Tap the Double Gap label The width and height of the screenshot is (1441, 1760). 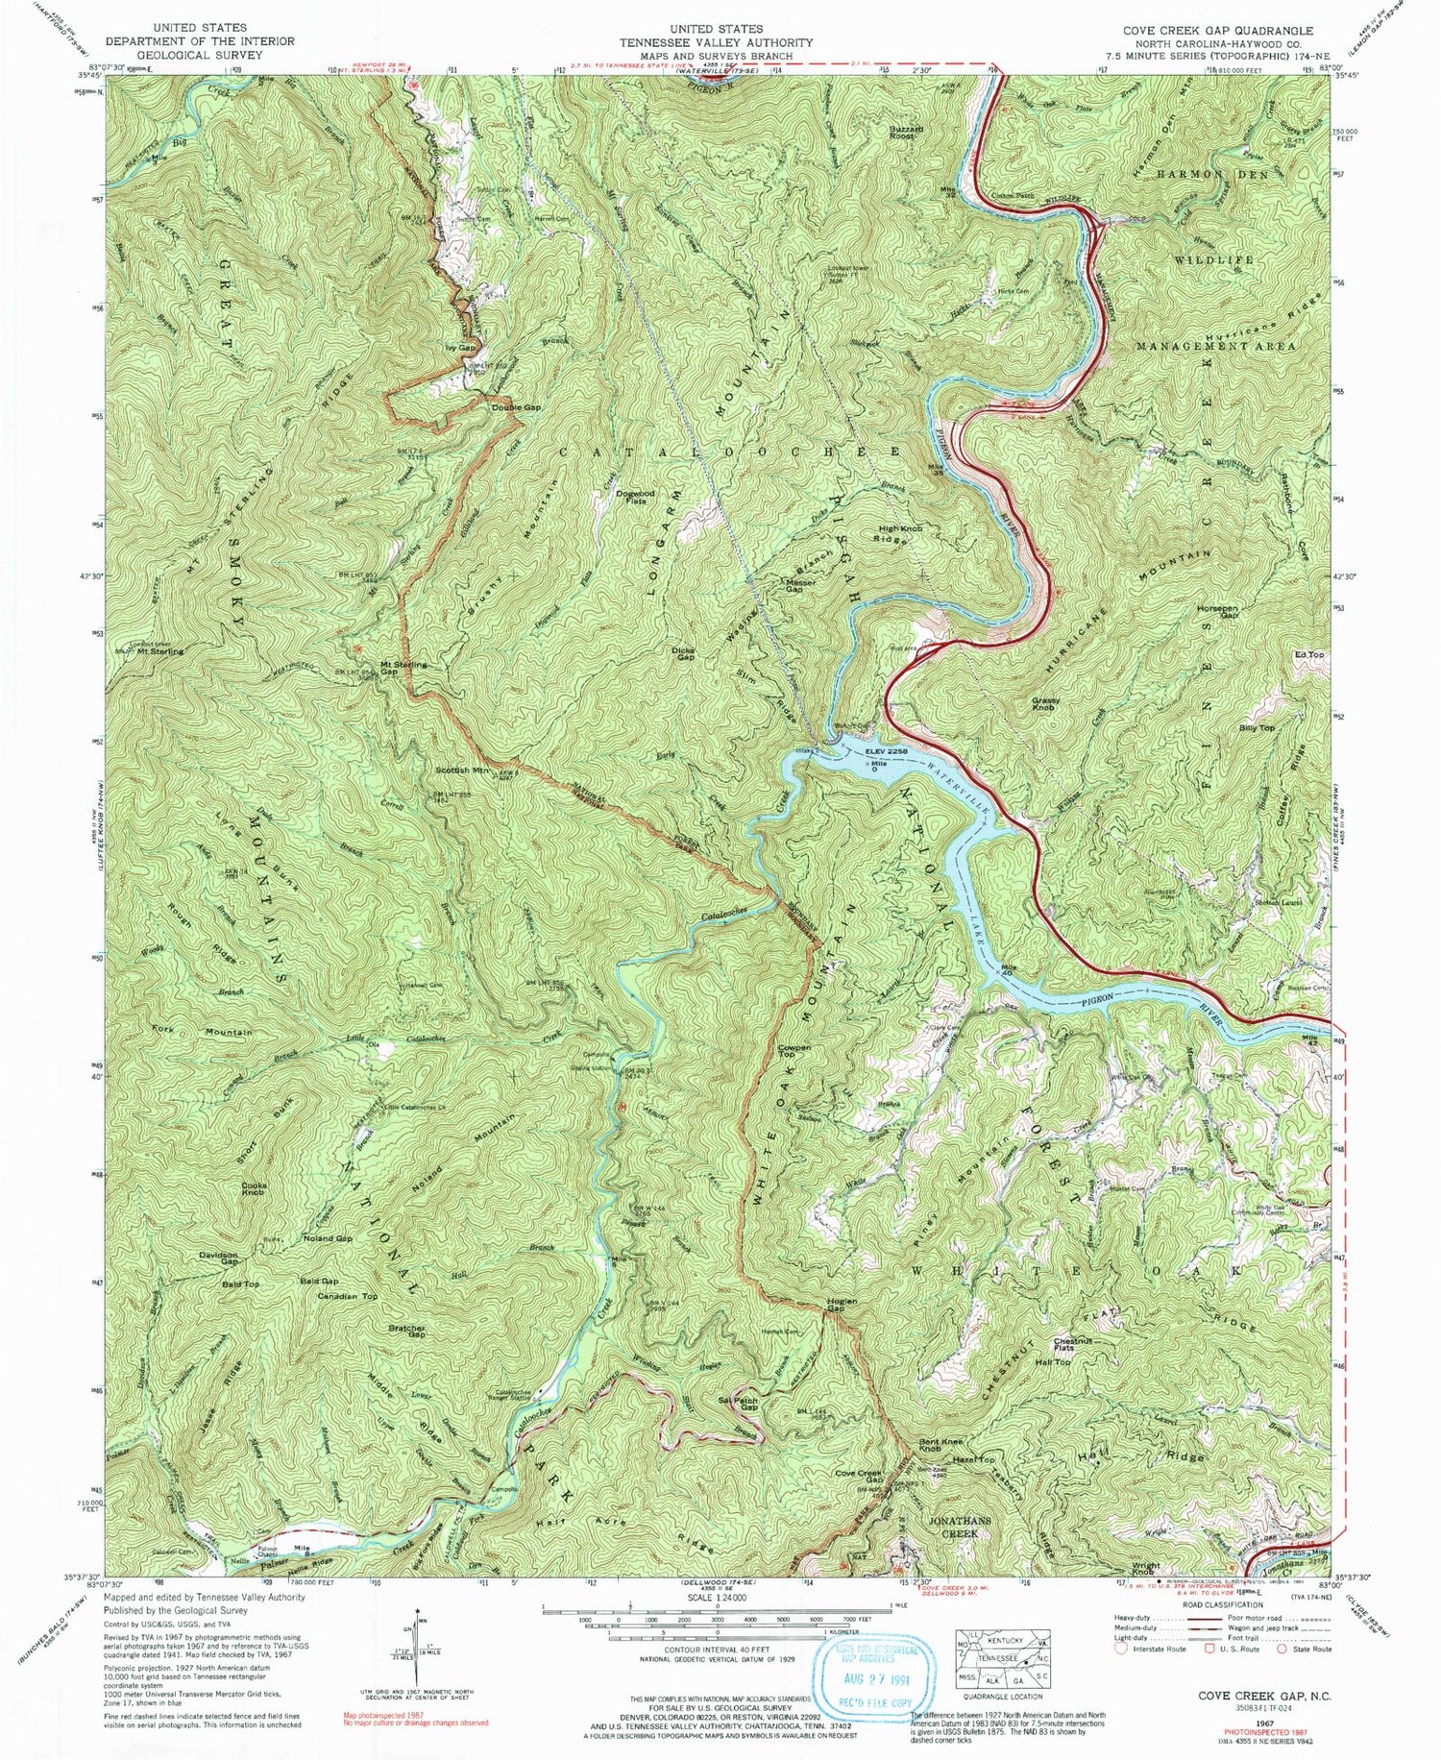(x=516, y=407)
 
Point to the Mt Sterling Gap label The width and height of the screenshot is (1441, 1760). (x=403, y=668)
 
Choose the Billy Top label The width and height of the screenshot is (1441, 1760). (x=1256, y=728)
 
